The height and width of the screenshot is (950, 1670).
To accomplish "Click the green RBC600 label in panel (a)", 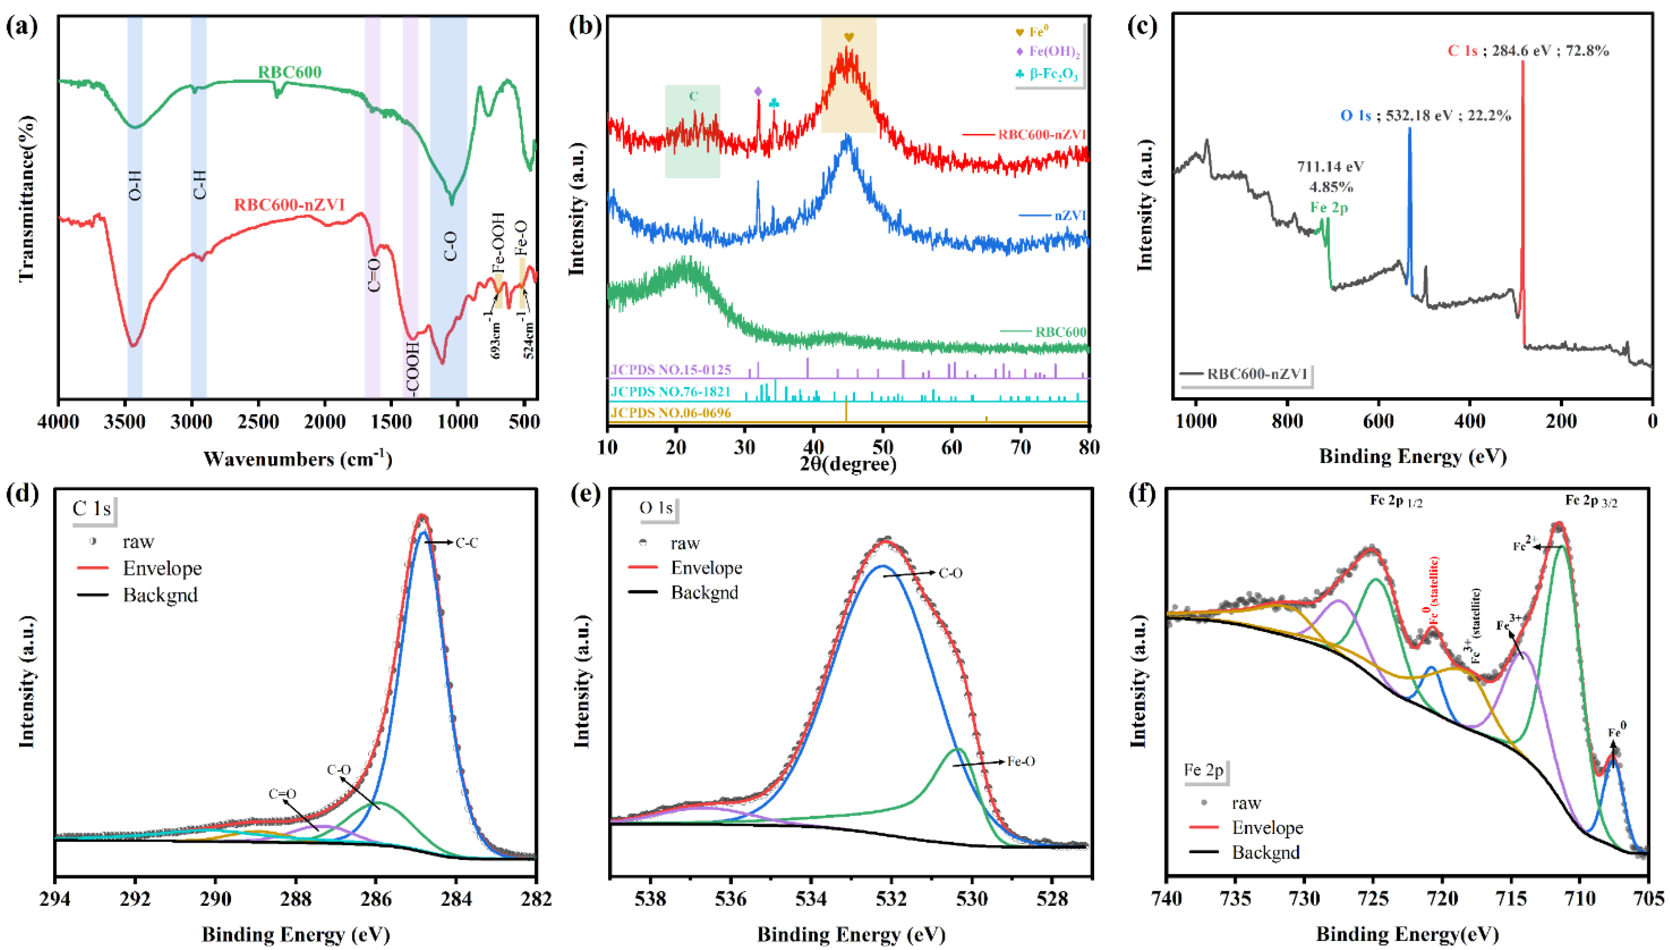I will pyautogui.click(x=290, y=72).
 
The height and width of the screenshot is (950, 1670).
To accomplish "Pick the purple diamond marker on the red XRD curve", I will pyautogui.click(x=758, y=91).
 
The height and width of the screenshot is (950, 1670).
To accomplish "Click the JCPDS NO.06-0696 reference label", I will pyautogui.click(x=671, y=413).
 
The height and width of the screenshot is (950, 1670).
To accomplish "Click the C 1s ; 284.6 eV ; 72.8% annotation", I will pyautogui.click(x=1528, y=51).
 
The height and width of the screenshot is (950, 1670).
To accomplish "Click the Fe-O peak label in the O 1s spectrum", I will pyautogui.click(x=1021, y=761).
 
